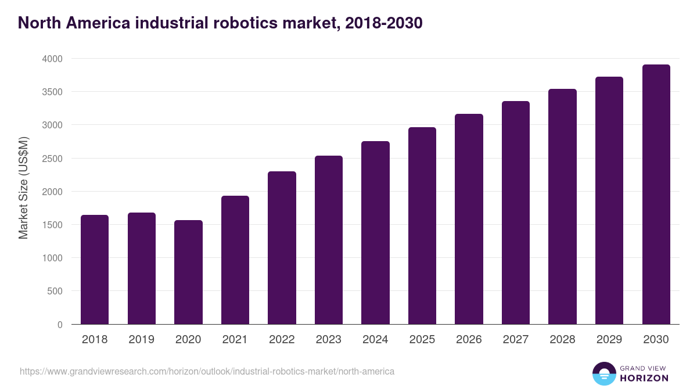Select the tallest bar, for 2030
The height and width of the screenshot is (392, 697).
click(x=656, y=195)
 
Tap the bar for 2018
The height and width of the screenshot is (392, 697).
click(x=95, y=269)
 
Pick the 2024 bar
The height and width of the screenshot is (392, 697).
click(x=375, y=232)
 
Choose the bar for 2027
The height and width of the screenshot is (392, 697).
click(x=516, y=213)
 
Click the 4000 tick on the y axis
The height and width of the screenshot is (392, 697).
click(x=51, y=59)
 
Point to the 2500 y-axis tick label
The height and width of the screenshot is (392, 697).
click(x=51, y=159)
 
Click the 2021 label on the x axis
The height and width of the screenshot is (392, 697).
click(x=235, y=340)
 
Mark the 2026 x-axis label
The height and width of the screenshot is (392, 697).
click(x=469, y=340)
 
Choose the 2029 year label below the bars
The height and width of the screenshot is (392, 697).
click(x=609, y=340)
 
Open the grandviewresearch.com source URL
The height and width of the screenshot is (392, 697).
click(x=207, y=371)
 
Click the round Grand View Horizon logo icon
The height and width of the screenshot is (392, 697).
click(x=603, y=373)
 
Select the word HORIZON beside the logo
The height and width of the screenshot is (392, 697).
click(x=644, y=378)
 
